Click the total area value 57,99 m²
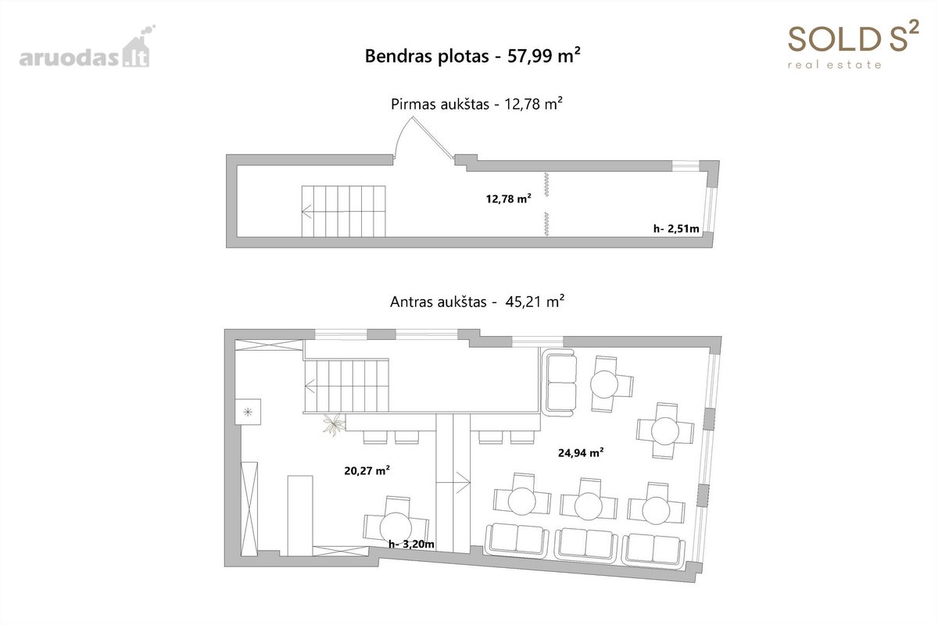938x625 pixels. pyautogui.click(x=543, y=55)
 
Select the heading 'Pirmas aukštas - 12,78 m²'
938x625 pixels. pyautogui.click(x=477, y=104)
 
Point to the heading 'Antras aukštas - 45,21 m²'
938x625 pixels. pyautogui.click(x=477, y=302)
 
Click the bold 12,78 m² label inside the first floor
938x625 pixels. pyautogui.click(x=508, y=198)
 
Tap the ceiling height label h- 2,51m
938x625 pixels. pyautogui.click(x=676, y=229)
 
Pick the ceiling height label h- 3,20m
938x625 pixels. pyautogui.click(x=411, y=545)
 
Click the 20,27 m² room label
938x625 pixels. pyautogui.click(x=367, y=470)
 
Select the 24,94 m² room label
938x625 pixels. pyautogui.click(x=581, y=452)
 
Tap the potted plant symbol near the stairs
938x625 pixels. pyautogui.click(x=334, y=424)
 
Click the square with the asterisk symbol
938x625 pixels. pyautogui.click(x=248, y=412)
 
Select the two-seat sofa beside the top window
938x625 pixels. pyautogui.click(x=560, y=382)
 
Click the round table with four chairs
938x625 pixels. pyautogui.click(x=665, y=430)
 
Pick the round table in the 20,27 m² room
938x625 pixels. pyautogui.click(x=396, y=527)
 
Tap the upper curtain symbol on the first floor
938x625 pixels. pyautogui.click(x=546, y=184)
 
